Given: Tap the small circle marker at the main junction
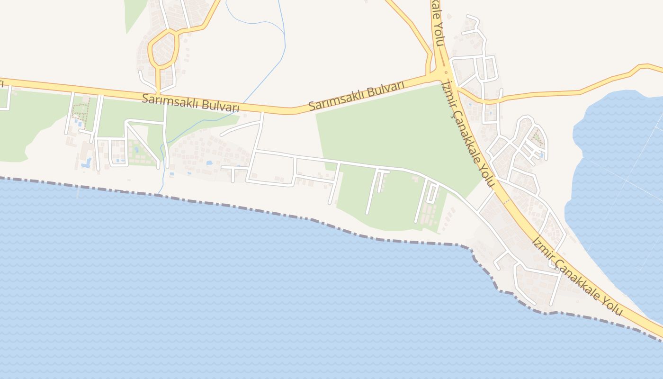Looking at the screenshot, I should (x=446, y=72).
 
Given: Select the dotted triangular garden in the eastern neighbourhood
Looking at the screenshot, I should (x=537, y=138).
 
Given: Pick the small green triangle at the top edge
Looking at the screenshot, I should (x=134, y=12).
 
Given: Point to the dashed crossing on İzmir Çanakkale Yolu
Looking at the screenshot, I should (x=505, y=202).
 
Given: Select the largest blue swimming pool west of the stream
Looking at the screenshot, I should (x=87, y=163).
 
